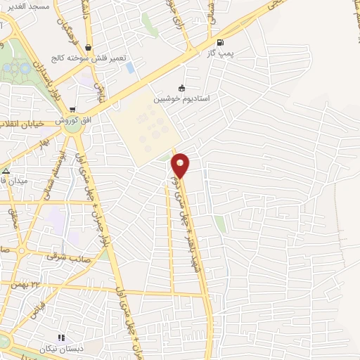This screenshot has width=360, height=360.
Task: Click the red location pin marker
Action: point(181,165)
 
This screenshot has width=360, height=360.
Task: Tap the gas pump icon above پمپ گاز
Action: point(221,41)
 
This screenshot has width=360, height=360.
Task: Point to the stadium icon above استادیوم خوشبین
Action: point(182,88)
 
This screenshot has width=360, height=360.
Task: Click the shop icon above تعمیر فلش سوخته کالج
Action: point(86,48)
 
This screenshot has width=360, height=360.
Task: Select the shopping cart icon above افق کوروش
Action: point(72,110)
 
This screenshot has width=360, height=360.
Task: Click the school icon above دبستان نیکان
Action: point(61,337)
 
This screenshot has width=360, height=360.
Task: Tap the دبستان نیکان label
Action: point(80,348)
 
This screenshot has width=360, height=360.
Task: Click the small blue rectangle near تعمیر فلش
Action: point(130,67)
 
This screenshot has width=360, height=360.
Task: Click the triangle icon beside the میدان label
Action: point(6,170)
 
